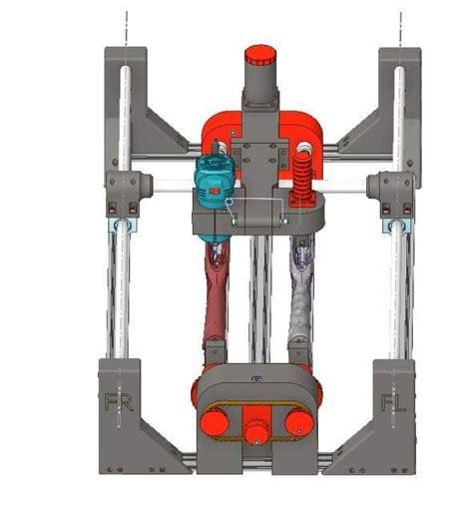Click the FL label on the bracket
click(x=390, y=402)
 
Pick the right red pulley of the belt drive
click(x=296, y=423)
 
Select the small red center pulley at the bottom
click(x=254, y=432)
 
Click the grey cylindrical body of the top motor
click(x=260, y=86)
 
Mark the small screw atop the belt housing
click(x=255, y=378)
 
